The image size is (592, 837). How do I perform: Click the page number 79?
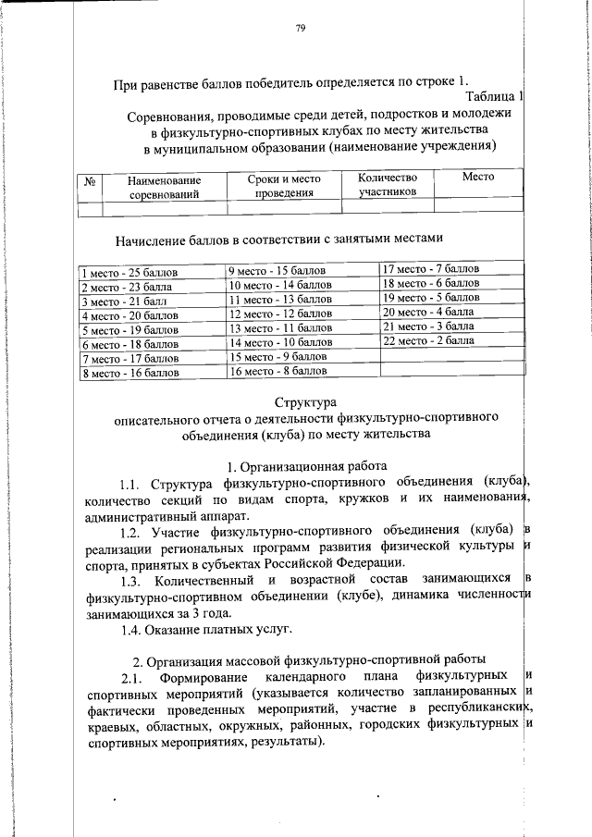[x=301, y=29]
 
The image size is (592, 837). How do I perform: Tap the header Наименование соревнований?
[x=165, y=188]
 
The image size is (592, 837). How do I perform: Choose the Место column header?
[x=478, y=177]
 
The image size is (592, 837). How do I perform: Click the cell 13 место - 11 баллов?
[x=280, y=327]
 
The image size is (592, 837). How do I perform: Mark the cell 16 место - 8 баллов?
[x=277, y=371]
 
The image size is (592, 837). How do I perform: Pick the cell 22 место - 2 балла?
[x=428, y=340]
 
